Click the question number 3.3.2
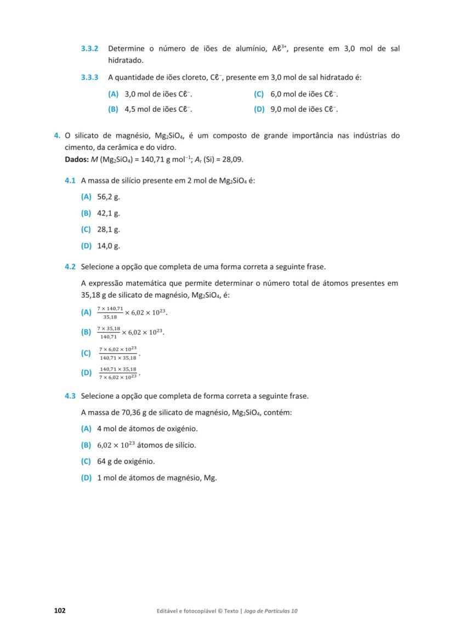point(89,49)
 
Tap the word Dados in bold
point(76,160)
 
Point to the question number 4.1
point(70,180)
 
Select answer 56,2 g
point(108,196)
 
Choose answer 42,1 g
point(108,213)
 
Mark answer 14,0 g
point(108,246)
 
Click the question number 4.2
point(70,267)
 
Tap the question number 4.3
point(70,396)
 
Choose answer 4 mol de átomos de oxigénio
point(147,429)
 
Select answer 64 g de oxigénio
point(126,462)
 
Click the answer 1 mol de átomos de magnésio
point(156,478)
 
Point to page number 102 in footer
point(60,611)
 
